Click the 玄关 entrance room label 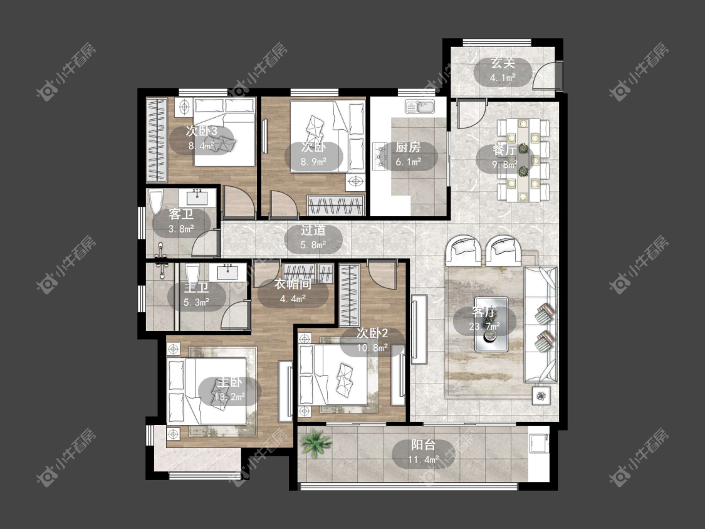(503, 63)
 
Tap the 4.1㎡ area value (503, 78)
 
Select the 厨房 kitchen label (408, 147)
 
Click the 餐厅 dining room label (504, 150)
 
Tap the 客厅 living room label (484, 312)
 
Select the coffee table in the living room (491, 324)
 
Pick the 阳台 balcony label (424, 445)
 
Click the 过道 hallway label (313, 230)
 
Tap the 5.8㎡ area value (313, 245)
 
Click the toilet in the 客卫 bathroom (155, 203)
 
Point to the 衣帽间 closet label (293, 284)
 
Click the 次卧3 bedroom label (201, 131)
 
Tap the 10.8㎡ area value (372, 348)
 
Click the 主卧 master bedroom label (230, 383)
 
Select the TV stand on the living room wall (419, 329)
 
